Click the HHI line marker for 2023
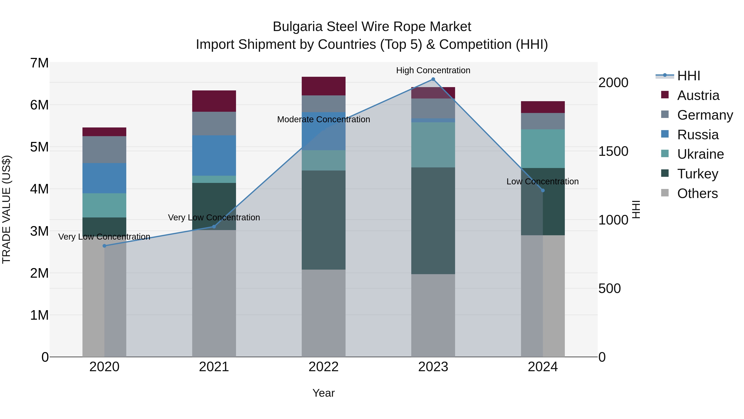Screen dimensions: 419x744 tap(433, 79)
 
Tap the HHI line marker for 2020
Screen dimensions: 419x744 tap(105, 246)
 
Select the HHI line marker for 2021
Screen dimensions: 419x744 tap(214, 226)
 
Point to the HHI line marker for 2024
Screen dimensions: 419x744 tap(543, 190)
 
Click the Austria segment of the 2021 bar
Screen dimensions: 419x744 tap(214, 101)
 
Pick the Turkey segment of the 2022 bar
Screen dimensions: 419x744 tap(323, 220)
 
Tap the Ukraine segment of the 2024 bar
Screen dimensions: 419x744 tap(543, 148)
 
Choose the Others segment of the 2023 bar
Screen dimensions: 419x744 tap(433, 315)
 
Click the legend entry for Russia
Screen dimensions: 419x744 tap(698, 135)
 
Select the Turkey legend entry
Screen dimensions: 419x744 tap(697, 174)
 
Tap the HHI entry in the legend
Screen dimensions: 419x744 tap(689, 76)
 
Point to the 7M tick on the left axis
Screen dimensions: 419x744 tap(39, 63)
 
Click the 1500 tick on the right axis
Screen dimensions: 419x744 tap(613, 151)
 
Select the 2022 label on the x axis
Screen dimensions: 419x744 tap(323, 367)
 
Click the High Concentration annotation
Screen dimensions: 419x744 tap(433, 70)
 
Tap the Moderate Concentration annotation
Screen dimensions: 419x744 tap(323, 119)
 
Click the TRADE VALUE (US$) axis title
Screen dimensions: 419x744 tap(6, 209)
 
